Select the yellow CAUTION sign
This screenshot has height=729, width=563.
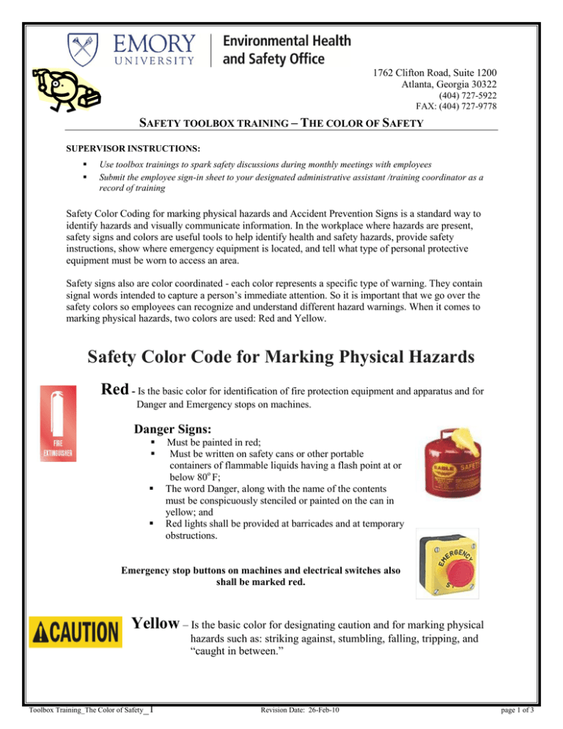pyautogui.click(x=75, y=631)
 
